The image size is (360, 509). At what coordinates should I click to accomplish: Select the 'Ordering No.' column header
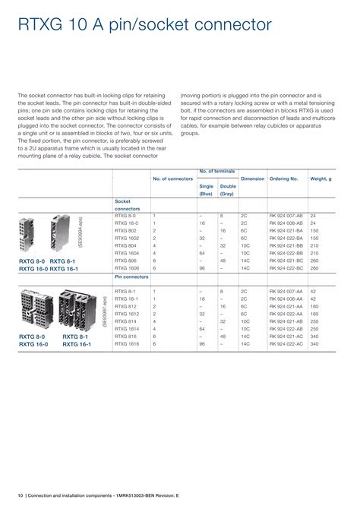point(283,179)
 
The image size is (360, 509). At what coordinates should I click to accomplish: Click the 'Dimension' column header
point(252,179)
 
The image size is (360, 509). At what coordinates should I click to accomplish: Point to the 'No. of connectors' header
point(172,179)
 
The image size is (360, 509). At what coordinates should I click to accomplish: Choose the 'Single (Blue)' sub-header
point(206,190)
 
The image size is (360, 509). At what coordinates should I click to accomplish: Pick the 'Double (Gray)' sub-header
point(227,190)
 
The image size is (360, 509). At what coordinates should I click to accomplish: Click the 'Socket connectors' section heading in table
point(127,204)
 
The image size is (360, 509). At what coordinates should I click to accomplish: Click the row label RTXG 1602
point(128,238)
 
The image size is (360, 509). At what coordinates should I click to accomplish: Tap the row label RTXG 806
point(126,260)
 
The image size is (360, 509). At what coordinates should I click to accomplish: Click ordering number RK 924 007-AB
point(286,216)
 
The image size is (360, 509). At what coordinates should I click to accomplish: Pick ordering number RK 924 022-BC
point(286,268)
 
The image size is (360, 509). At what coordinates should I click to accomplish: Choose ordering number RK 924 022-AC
point(286,343)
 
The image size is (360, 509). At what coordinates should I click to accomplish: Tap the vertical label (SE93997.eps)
point(104,311)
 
